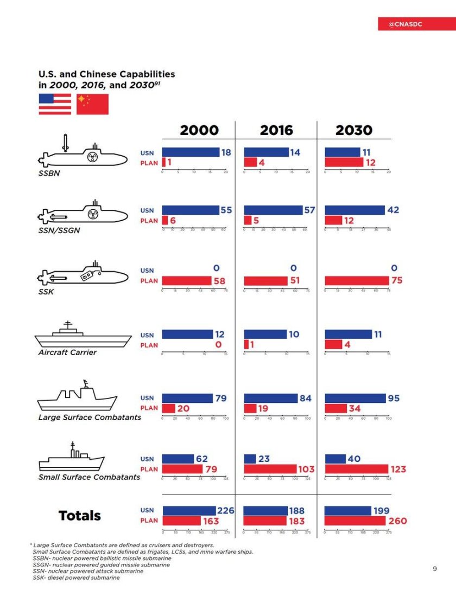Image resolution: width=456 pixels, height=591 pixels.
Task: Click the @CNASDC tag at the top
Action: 406,24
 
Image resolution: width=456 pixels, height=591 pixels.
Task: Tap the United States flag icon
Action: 55,104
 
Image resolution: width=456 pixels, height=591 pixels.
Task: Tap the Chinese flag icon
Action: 92,104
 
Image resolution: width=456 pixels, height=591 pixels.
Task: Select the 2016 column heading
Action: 276,130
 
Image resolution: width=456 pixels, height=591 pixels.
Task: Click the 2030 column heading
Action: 354,130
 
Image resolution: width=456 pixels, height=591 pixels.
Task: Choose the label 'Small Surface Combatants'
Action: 89,477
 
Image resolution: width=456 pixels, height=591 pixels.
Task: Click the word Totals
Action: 80,516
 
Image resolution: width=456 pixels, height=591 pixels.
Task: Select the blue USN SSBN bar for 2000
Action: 191,152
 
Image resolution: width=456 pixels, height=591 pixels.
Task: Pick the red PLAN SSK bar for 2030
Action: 357,281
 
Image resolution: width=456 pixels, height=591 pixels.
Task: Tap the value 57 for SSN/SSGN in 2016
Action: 309,210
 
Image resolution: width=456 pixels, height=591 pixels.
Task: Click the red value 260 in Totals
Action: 397,521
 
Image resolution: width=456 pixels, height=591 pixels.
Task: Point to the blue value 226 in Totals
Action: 225,511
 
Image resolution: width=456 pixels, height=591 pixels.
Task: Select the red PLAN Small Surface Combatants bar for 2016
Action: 270,469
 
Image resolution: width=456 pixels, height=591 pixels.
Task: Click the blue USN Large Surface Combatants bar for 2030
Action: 355,399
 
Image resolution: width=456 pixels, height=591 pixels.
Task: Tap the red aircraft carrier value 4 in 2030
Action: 347,344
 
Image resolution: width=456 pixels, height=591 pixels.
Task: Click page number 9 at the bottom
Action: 434,568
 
